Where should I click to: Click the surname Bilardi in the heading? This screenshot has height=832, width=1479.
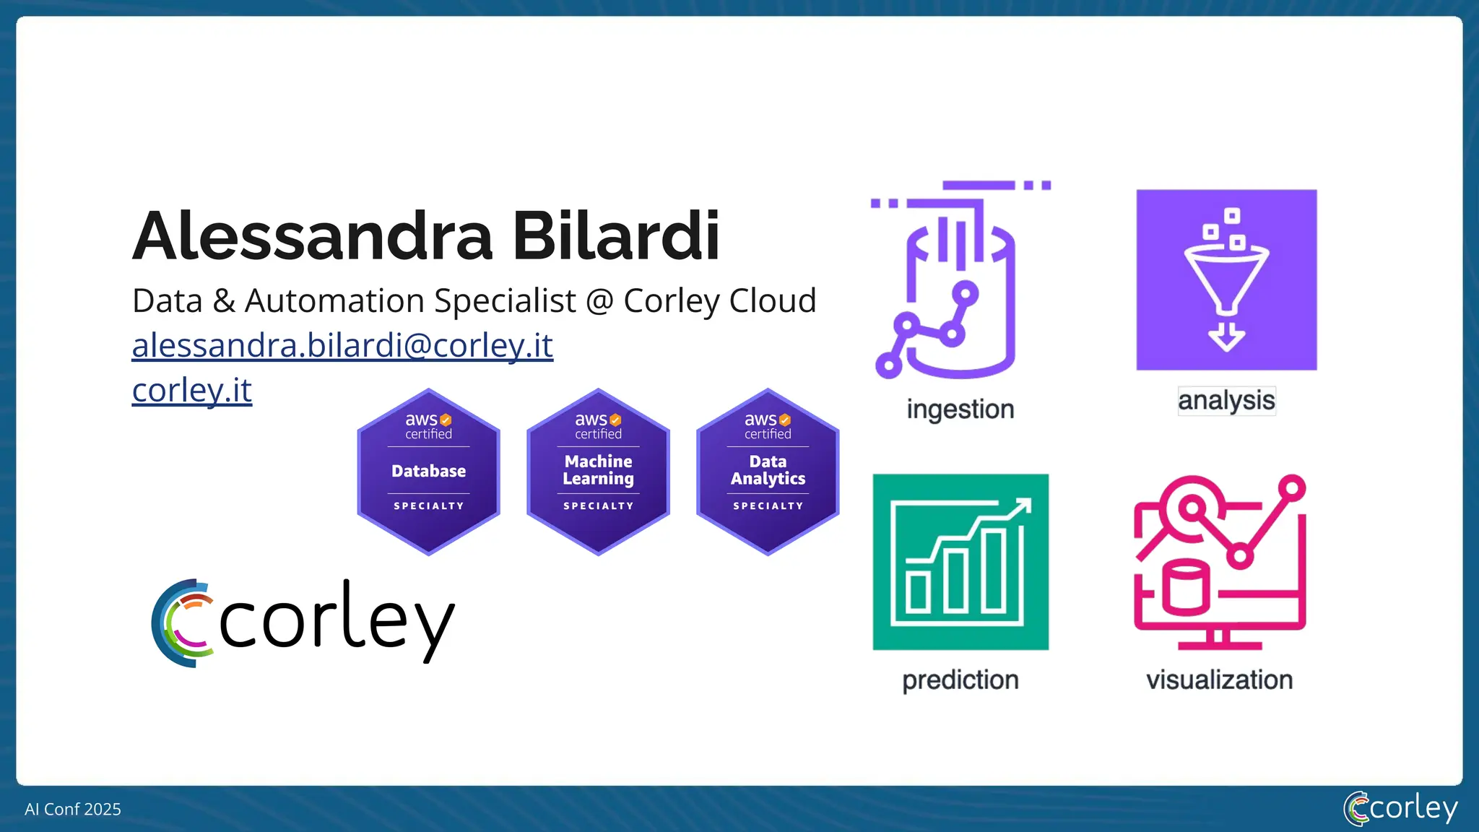(616, 236)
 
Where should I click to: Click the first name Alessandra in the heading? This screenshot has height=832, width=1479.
(313, 236)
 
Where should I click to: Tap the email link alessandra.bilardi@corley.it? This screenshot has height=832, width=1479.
(342, 345)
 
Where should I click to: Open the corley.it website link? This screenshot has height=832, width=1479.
(191, 390)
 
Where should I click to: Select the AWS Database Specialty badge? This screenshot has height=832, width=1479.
(428, 472)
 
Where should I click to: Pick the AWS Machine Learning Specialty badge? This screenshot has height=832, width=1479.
(598, 472)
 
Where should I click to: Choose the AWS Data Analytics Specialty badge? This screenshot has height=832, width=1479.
(768, 472)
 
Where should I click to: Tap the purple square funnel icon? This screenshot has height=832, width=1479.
(1226, 280)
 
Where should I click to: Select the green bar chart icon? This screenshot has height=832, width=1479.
(960, 562)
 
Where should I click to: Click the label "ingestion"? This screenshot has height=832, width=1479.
(960, 409)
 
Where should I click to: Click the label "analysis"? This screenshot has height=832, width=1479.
(1226, 401)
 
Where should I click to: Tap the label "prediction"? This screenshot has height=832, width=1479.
(960, 680)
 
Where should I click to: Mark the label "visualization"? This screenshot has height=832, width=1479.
(1220, 680)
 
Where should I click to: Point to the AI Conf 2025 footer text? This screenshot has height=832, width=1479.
(73, 810)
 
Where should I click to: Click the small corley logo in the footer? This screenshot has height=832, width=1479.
(1400, 808)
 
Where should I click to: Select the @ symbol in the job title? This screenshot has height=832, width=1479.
(599, 301)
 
